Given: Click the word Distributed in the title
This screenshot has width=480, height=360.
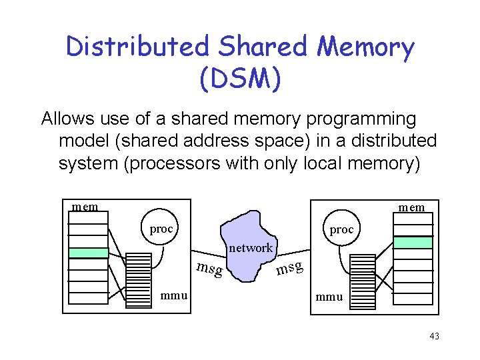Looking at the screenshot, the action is pyautogui.click(x=137, y=46).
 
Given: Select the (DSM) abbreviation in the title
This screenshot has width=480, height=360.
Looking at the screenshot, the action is pyautogui.click(x=240, y=79).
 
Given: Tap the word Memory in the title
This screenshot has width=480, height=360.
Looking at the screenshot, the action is pyautogui.click(x=365, y=48).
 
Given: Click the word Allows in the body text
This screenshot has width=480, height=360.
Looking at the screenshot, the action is pyautogui.click(x=67, y=118).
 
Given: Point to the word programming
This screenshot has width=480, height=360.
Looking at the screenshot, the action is pyautogui.click(x=361, y=120).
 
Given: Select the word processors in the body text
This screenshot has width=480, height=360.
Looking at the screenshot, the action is pyautogui.click(x=175, y=164).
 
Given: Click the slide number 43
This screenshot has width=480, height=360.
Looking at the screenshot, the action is pyautogui.click(x=435, y=336).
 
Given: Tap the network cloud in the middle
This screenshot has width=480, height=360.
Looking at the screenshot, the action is pyautogui.click(x=249, y=246).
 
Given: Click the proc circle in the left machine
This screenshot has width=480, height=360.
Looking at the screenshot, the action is pyautogui.click(x=159, y=227).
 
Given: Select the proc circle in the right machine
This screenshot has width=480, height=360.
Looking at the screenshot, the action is pyautogui.click(x=341, y=228).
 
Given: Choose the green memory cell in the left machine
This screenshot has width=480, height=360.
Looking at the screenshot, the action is pyautogui.click(x=89, y=253).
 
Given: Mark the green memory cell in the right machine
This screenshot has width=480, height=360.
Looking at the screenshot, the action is pyautogui.click(x=413, y=242).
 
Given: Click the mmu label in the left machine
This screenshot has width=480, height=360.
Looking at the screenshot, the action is pyautogui.click(x=174, y=296).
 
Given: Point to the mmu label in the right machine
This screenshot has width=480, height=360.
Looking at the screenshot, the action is pyautogui.click(x=329, y=297).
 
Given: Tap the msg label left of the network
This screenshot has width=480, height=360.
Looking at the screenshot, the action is pyautogui.click(x=210, y=269).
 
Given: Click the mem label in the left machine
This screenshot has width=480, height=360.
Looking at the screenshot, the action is pyautogui.click(x=85, y=207).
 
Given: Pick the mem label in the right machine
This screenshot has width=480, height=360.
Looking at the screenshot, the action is pyautogui.click(x=411, y=208).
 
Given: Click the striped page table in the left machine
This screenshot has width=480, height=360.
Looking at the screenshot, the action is pyautogui.click(x=139, y=281).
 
